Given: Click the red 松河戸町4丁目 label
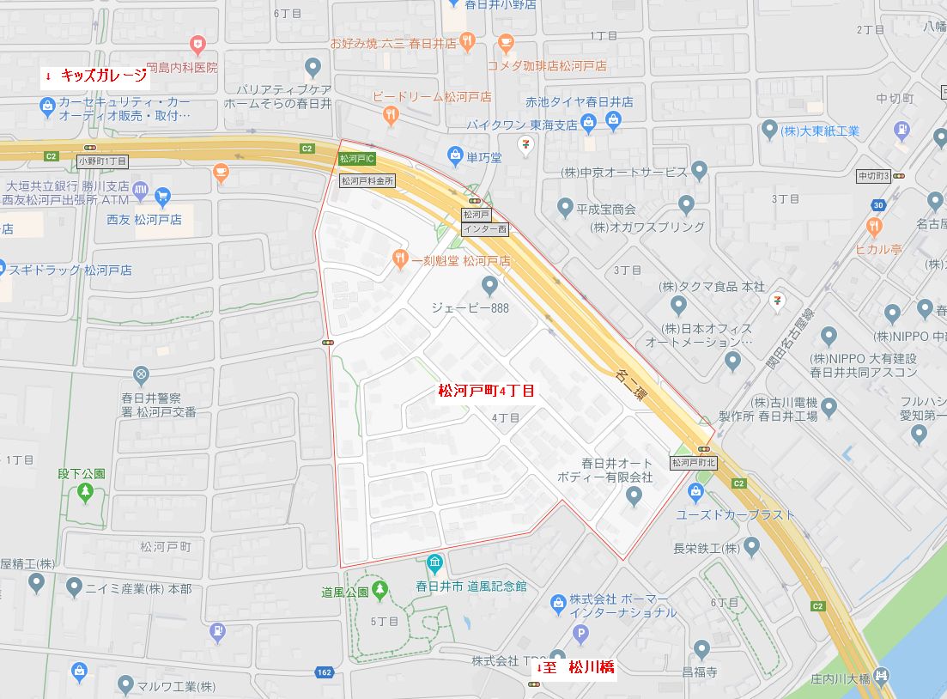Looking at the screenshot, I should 486,392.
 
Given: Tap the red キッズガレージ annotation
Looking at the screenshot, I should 96,76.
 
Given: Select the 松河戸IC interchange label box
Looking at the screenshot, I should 356,159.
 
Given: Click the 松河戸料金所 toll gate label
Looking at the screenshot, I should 367,181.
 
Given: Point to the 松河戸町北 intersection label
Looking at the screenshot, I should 693,462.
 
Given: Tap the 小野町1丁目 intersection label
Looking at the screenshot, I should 102,161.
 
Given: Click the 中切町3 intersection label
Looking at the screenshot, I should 874,176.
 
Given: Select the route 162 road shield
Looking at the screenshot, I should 324,672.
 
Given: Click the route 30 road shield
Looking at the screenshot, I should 877,204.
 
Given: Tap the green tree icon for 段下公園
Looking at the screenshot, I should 85,492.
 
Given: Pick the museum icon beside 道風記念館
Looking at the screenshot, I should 434,564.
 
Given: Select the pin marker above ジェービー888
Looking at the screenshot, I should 489,284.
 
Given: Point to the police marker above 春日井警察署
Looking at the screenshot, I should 141,374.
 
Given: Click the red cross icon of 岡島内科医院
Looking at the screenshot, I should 198,44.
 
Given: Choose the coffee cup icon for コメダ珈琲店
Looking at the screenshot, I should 506,42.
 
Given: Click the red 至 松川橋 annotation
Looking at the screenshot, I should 574,667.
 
